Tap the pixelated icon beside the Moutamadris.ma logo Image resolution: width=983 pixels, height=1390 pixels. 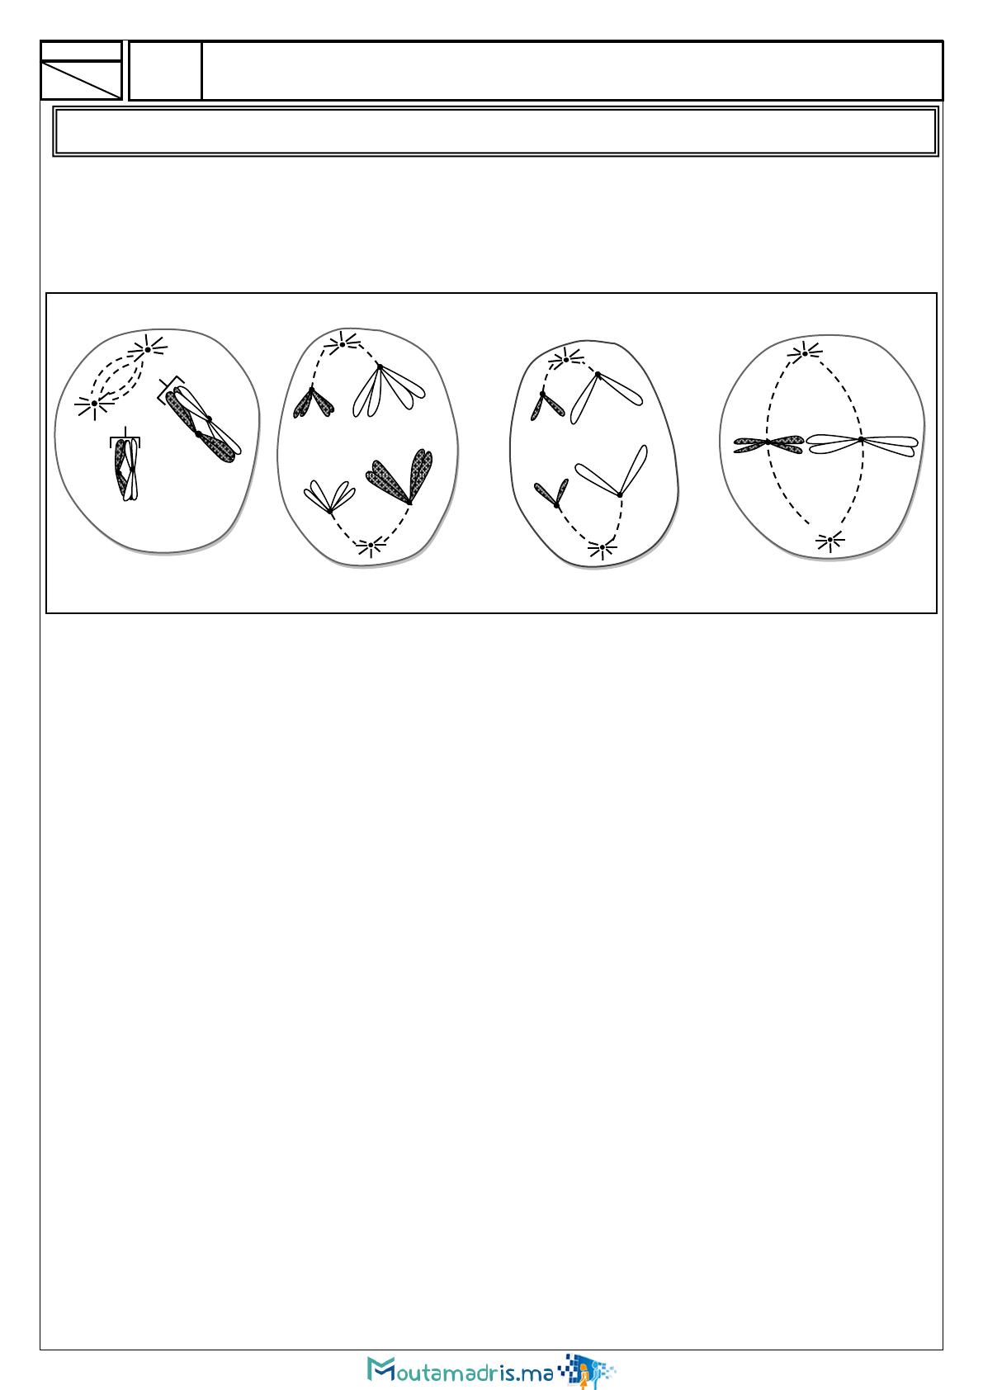(587, 1370)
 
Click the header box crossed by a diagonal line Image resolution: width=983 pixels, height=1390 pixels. (81, 80)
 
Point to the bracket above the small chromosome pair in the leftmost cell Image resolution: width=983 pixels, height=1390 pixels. (125, 438)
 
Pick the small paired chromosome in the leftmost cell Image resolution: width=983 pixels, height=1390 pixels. (126, 470)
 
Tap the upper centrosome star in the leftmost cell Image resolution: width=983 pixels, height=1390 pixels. (148, 349)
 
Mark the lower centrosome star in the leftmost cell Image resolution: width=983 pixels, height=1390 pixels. (94, 404)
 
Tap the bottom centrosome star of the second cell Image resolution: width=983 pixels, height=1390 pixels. (371, 546)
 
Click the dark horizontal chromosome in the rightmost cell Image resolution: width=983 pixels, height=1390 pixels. (768, 443)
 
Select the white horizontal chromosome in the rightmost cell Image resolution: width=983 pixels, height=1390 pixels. (862, 444)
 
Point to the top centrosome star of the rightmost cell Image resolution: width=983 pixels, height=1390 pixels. (805, 353)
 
